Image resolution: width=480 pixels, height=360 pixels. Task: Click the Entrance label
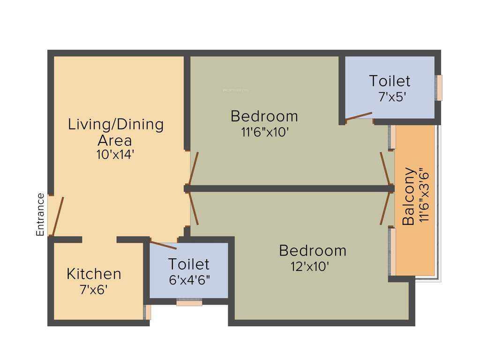[x=40, y=214]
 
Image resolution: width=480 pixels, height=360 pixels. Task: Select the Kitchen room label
[x=94, y=274]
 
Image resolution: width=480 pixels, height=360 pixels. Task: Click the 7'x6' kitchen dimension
[x=94, y=289]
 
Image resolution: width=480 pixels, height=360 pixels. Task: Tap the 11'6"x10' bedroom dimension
[x=264, y=132]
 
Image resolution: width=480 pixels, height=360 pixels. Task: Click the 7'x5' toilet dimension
[x=389, y=97]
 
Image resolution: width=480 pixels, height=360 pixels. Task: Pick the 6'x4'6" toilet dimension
[x=189, y=280]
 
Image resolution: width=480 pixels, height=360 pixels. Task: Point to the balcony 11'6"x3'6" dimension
[x=424, y=195]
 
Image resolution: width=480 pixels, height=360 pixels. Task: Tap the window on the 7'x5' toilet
[x=439, y=88]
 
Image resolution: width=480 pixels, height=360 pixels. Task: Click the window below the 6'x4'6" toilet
[x=189, y=303]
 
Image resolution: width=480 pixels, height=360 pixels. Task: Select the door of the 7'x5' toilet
[x=359, y=116]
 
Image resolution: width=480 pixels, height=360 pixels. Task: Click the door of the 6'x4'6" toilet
[x=163, y=245]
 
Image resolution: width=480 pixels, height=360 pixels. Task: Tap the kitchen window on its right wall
[x=148, y=312]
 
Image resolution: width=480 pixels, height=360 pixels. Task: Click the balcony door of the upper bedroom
[x=385, y=168]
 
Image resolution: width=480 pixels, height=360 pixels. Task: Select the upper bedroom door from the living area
[x=193, y=168]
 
